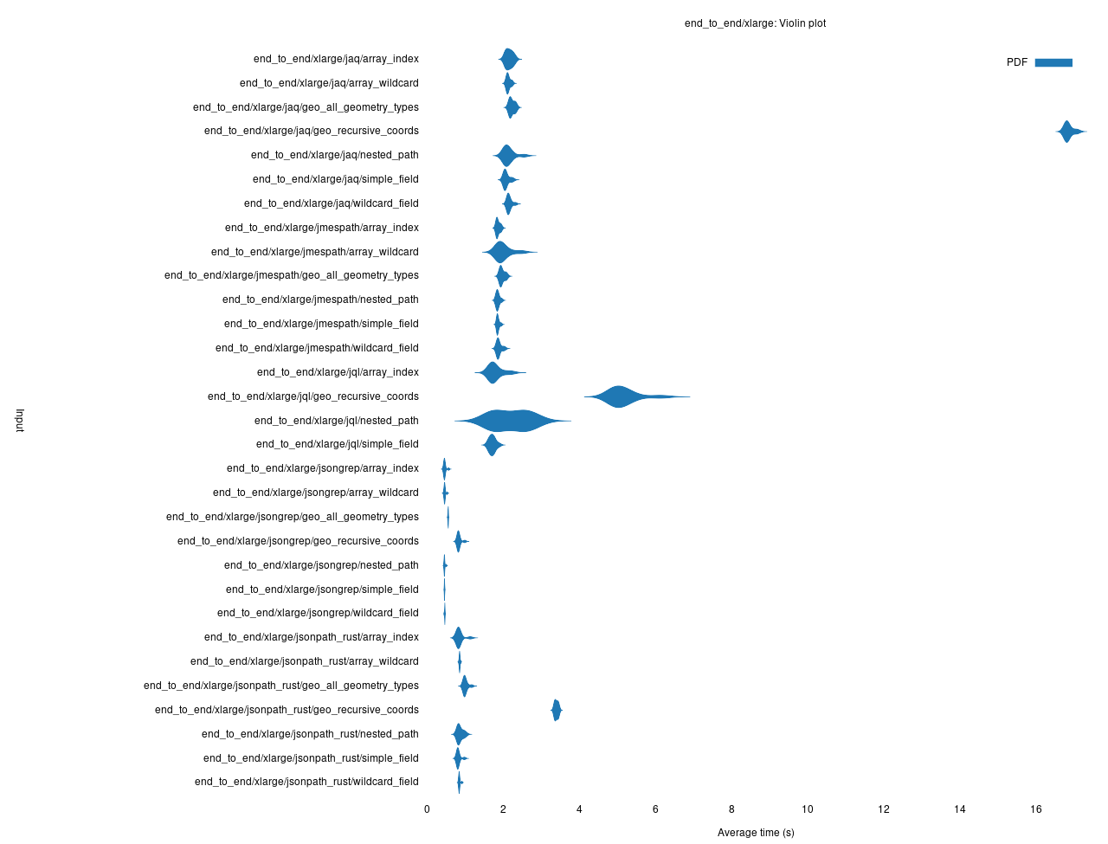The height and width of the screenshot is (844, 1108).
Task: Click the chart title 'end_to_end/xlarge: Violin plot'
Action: pos(755,23)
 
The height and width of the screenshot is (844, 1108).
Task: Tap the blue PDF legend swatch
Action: pos(1053,62)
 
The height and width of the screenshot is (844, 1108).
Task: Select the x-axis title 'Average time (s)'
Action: pos(756,833)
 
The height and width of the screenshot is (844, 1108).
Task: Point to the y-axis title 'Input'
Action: pos(20,421)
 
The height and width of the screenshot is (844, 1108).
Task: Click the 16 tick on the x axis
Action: pos(1036,809)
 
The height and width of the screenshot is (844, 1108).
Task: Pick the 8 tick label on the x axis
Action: pos(731,809)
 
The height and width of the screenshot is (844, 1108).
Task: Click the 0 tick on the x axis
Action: pos(427,809)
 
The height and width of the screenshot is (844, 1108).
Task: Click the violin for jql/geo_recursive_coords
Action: pos(620,396)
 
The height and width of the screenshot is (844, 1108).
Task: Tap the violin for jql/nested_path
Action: pos(511,421)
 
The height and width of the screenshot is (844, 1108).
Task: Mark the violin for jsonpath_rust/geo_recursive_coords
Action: pos(557,710)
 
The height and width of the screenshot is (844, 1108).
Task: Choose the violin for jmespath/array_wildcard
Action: pos(500,252)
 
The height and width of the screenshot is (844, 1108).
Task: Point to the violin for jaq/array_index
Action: pos(509,59)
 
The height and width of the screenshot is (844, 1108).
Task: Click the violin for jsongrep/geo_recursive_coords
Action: pos(458,541)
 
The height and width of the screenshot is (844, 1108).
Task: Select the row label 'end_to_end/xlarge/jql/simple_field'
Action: pos(338,444)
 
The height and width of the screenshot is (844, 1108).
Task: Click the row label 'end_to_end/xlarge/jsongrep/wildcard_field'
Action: pos(318,613)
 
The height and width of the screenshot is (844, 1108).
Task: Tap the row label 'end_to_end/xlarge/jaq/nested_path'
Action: pos(335,155)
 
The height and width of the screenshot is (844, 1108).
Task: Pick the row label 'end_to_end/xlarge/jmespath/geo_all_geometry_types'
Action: pos(292,275)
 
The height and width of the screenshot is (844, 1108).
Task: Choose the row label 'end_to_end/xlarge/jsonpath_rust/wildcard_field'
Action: pos(306,782)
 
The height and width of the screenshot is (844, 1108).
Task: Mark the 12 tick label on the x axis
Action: pos(884,809)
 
